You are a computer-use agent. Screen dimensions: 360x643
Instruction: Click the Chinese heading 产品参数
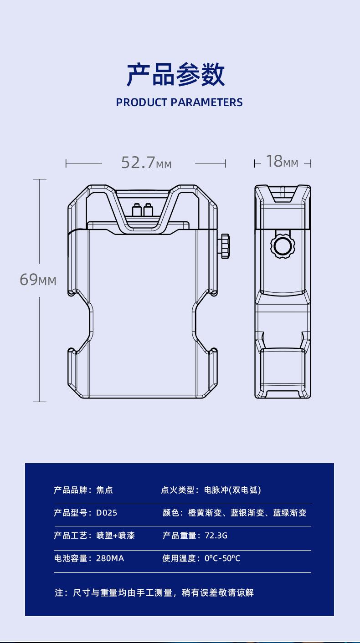coord(175,75)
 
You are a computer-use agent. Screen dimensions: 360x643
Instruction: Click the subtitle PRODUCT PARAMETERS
coord(179,102)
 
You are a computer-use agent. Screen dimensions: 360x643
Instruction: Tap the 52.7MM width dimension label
coord(146,162)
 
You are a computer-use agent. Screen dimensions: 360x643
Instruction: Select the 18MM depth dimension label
coord(282,161)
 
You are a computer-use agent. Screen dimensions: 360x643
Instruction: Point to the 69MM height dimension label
coord(38,280)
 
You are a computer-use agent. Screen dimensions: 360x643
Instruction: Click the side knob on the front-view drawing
coord(225,246)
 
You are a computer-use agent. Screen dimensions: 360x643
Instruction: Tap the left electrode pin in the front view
coord(136,209)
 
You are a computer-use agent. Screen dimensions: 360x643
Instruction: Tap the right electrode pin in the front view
coord(147,209)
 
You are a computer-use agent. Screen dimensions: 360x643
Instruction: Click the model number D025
coord(107,513)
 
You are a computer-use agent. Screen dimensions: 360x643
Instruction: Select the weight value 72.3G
coord(216,536)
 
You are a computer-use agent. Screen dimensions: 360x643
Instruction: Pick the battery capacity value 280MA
coord(110,558)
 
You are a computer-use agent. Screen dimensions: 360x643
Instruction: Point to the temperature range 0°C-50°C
coord(222,558)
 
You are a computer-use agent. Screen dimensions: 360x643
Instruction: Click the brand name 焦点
coord(104,490)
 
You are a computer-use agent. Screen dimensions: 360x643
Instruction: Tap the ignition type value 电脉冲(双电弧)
coord(232,490)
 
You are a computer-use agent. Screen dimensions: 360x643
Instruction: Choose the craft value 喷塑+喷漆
coord(115,536)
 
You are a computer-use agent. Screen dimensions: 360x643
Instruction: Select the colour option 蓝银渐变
coord(247,513)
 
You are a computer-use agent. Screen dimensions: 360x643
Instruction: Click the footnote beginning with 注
coord(154,592)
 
